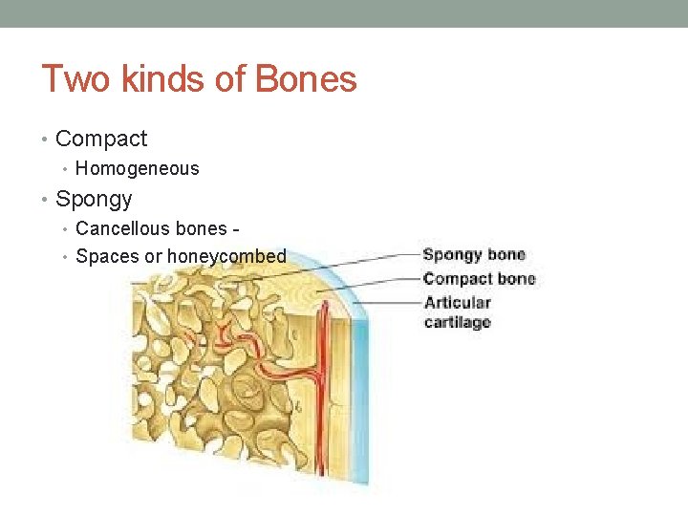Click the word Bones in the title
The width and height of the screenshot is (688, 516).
point(305,78)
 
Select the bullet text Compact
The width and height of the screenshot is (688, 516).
point(101,139)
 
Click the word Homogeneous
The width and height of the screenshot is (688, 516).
point(138,169)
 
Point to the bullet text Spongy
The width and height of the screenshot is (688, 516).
point(94,199)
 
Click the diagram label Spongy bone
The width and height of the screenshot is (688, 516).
point(474,254)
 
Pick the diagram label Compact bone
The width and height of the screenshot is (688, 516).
point(479,278)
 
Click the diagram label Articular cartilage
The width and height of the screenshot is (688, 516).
point(458,312)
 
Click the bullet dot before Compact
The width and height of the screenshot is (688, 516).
point(46,140)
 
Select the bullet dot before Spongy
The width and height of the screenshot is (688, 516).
point(46,200)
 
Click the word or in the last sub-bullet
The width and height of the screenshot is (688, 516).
point(153,256)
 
